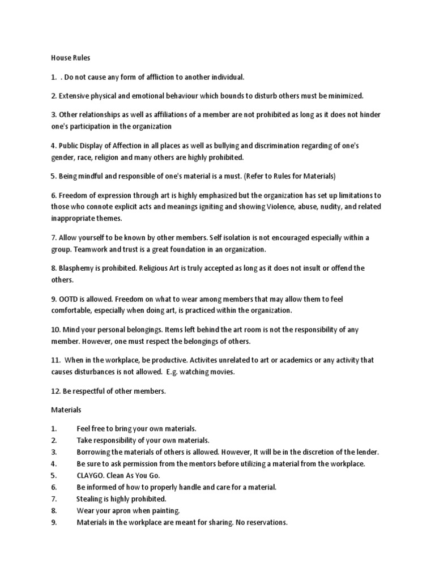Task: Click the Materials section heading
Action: tap(66, 408)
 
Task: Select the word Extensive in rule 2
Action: tap(76, 96)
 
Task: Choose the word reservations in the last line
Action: tap(265, 523)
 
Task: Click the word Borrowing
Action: tap(95, 451)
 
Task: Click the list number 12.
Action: tap(56, 390)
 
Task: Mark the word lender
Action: tap(365, 451)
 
